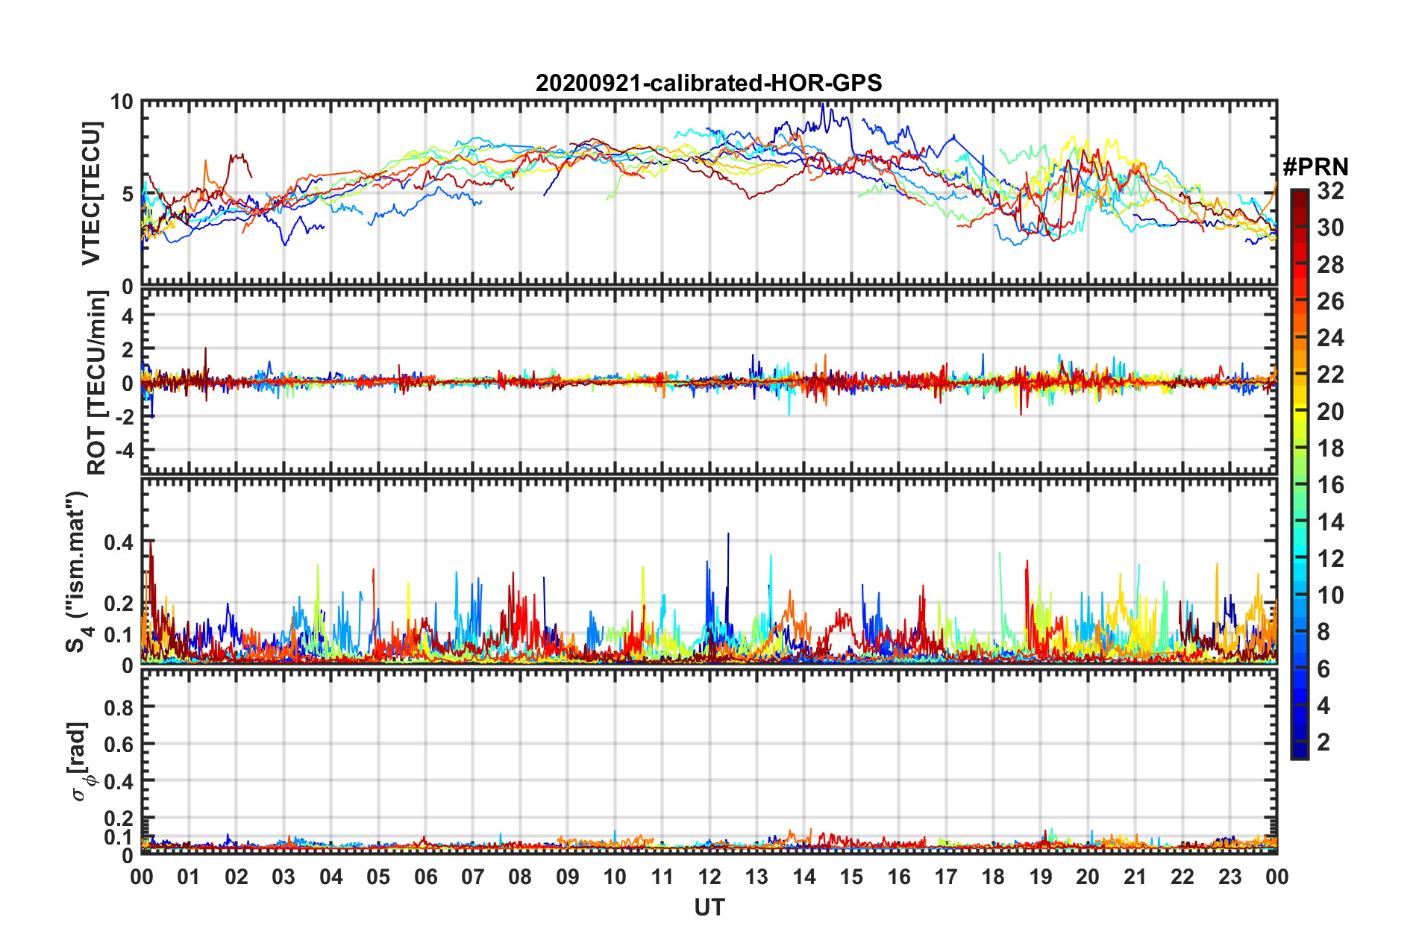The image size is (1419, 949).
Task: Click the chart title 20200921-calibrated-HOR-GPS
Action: click(709, 83)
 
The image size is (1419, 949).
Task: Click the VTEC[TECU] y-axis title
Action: click(92, 193)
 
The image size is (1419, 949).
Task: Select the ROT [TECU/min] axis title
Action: click(97, 382)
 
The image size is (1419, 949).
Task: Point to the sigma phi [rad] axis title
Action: click(80, 761)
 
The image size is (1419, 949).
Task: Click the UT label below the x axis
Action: click(709, 907)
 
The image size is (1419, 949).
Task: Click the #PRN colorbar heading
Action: click(1315, 166)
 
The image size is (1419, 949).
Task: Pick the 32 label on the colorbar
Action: click(1330, 192)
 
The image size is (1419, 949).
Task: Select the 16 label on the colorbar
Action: click(1330, 486)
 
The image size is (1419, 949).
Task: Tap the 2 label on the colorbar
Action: click(1324, 742)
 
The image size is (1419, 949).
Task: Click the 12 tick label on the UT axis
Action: click(709, 877)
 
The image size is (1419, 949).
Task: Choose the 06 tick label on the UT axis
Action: click(426, 877)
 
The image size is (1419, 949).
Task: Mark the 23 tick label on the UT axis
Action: click(1230, 877)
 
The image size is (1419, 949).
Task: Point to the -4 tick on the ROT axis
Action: click(122, 451)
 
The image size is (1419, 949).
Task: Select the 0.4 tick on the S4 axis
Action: click(119, 542)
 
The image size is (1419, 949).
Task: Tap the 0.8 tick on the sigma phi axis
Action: click(119, 707)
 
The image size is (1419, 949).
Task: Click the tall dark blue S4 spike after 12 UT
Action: click(728, 535)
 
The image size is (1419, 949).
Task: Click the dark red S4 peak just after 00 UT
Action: click(151, 542)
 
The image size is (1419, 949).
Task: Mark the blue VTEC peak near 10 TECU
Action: click(822, 105)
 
